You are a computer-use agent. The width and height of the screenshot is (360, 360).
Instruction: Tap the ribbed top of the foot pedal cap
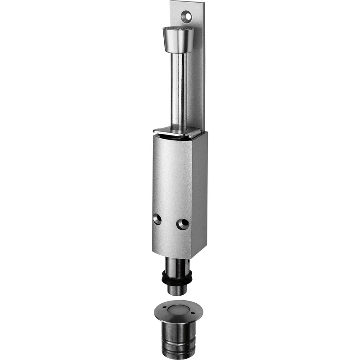coord(178,29)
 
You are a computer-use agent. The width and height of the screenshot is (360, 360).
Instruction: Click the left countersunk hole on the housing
coord(157,219)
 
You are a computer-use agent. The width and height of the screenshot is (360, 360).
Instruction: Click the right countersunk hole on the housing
coord(182,224)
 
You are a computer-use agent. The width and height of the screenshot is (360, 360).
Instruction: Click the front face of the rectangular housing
coord(173,180)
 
